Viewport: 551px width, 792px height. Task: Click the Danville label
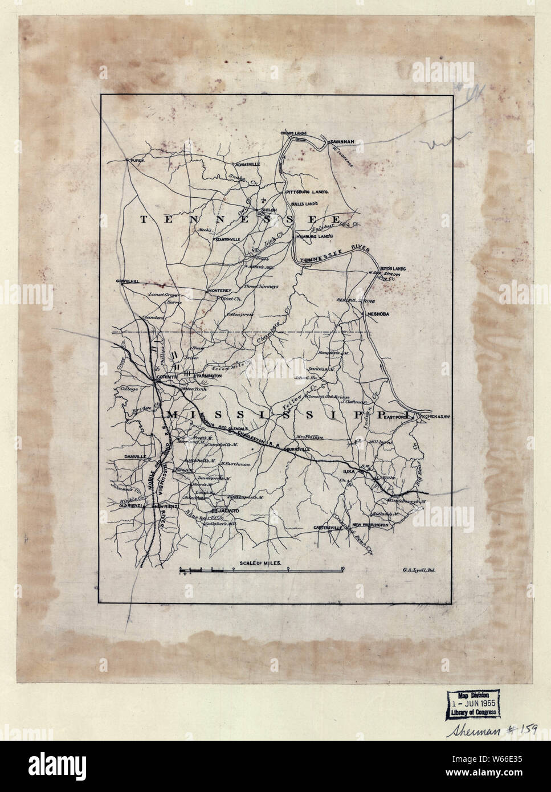click(x=129, y=458)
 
